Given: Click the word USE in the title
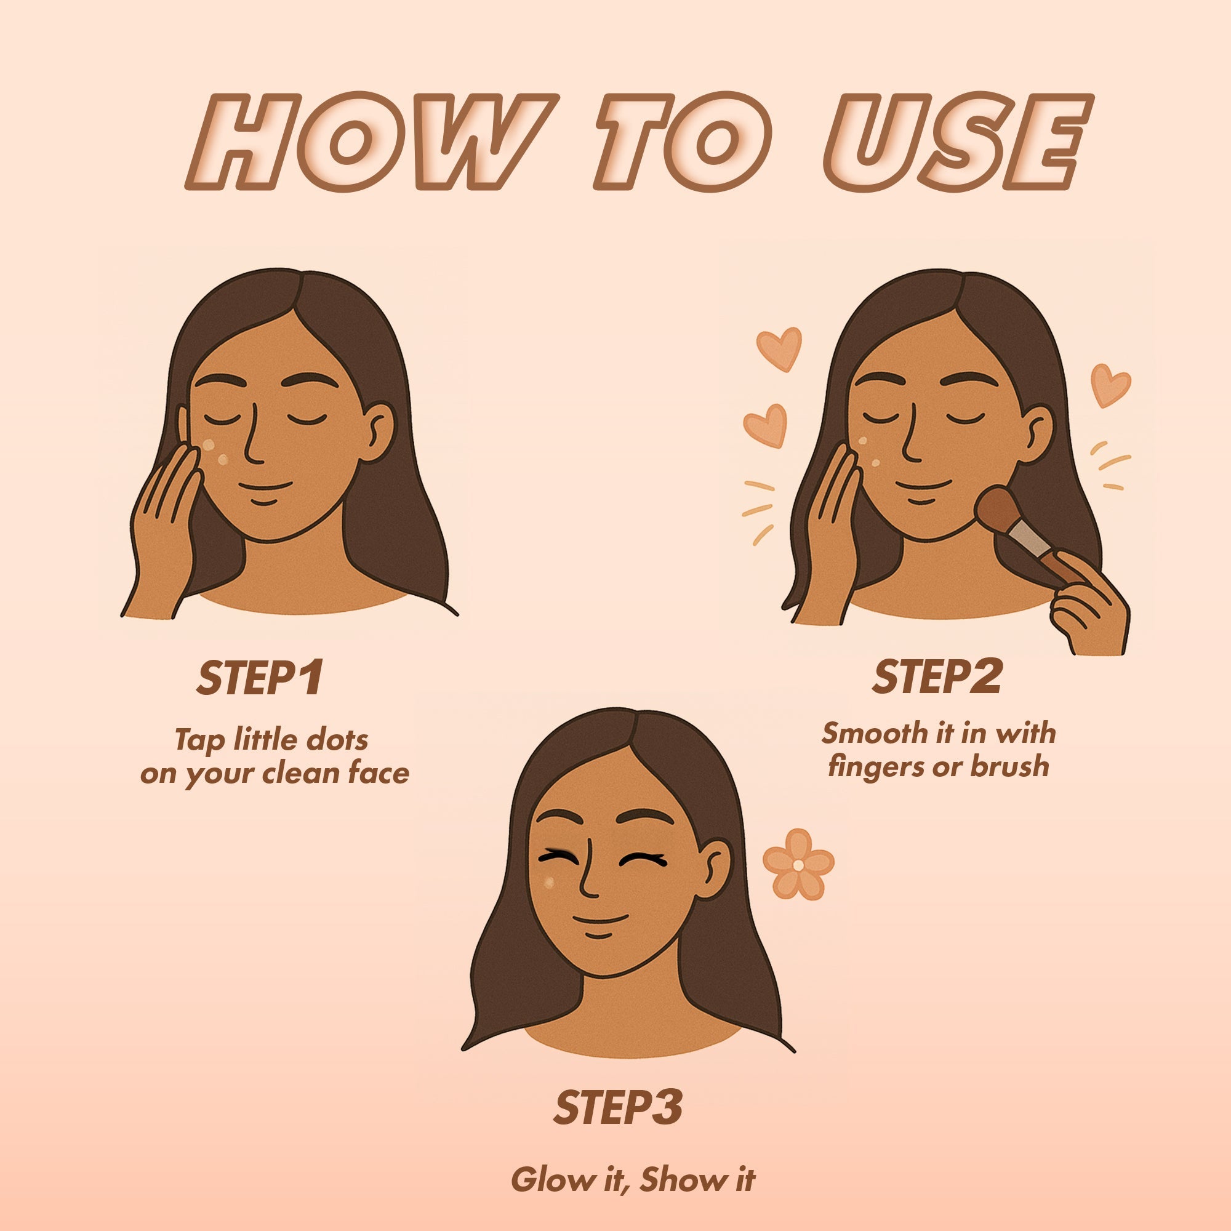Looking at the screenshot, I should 956,143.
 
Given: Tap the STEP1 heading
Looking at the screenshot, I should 260,678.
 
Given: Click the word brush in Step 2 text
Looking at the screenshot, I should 1009,766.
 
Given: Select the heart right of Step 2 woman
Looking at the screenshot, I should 1110,384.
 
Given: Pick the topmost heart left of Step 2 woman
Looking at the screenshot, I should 779,348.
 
